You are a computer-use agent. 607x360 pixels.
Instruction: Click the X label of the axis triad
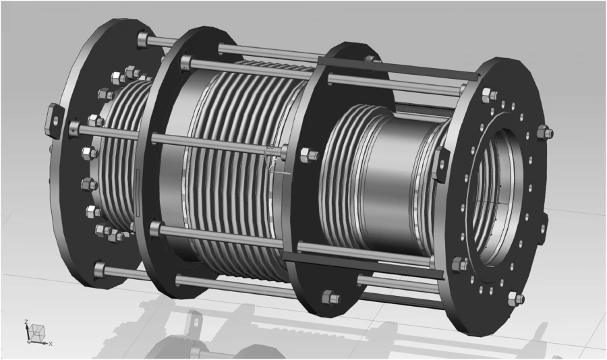pos(51,344)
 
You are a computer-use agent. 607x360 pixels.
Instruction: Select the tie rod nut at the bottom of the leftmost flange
pos(100,270)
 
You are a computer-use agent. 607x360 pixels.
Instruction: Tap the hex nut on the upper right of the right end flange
pos(544,133)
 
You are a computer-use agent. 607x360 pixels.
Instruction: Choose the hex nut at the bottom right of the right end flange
pos(515,299)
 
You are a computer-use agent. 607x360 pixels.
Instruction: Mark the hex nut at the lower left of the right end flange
pos(460,264)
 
